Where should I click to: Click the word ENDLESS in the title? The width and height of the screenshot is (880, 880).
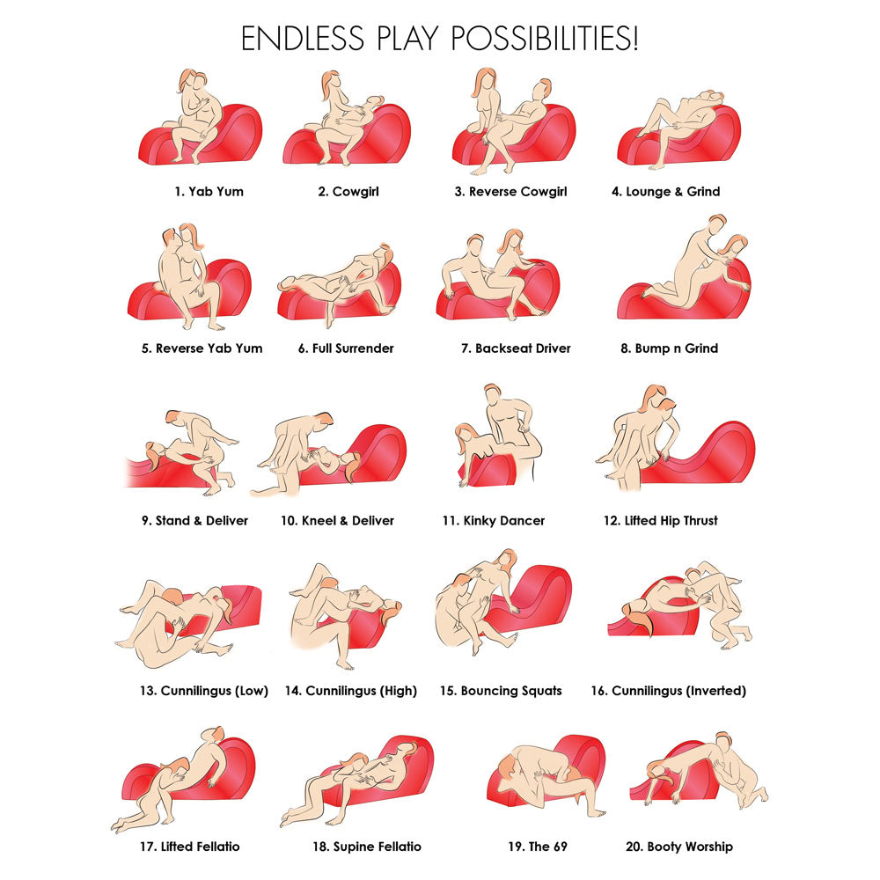303,39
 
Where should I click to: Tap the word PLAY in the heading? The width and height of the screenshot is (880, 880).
407,39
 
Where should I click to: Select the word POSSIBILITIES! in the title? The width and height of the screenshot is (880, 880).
545,39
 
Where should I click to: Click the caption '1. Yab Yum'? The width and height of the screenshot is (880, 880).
209,191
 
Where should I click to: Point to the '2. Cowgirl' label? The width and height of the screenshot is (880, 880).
348,191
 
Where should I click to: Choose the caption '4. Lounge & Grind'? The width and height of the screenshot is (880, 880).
665,191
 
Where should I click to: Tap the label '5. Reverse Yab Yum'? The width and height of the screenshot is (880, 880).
202,348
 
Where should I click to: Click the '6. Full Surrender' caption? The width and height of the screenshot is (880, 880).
346,348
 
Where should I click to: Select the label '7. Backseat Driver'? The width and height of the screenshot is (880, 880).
516,348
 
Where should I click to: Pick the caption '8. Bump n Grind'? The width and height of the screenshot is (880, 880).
669,348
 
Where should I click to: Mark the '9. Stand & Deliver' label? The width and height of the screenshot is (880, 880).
194,520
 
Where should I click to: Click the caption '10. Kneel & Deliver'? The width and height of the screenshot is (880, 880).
337,520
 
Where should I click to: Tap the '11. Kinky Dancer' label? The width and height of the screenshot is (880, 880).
494,520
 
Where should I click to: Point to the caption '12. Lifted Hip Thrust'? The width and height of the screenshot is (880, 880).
661,520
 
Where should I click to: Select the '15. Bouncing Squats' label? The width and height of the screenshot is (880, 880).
501,690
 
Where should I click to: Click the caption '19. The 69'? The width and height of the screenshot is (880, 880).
538,847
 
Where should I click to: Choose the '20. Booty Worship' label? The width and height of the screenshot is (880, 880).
679,847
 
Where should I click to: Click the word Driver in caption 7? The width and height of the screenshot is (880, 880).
548,348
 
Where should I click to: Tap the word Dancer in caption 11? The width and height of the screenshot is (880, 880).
522,520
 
